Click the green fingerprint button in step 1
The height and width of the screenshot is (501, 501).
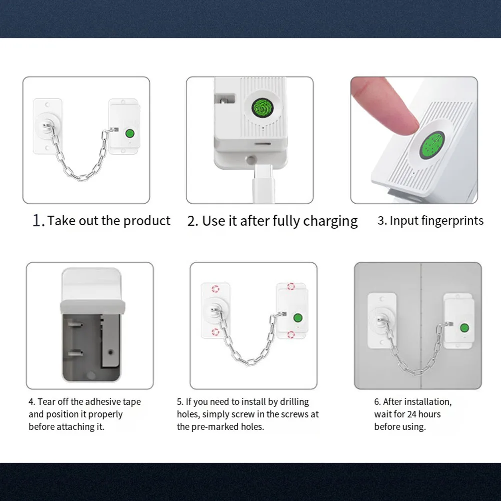(130, 133)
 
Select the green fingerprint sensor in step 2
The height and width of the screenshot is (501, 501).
(262, 108)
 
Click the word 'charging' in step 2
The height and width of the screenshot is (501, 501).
(330, 221)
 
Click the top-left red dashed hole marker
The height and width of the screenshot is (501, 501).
(216, 289)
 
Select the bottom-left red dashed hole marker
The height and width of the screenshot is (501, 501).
(216, 332)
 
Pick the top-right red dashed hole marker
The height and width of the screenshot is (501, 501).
(291, 286)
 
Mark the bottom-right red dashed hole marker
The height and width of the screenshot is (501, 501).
(291, 334)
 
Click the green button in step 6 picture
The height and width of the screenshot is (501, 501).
(464, 328)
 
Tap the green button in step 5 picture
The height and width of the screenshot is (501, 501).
(298, 318)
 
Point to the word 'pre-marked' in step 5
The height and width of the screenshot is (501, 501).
(215, 427)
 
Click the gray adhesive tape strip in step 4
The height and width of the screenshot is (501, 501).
(93, 307)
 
